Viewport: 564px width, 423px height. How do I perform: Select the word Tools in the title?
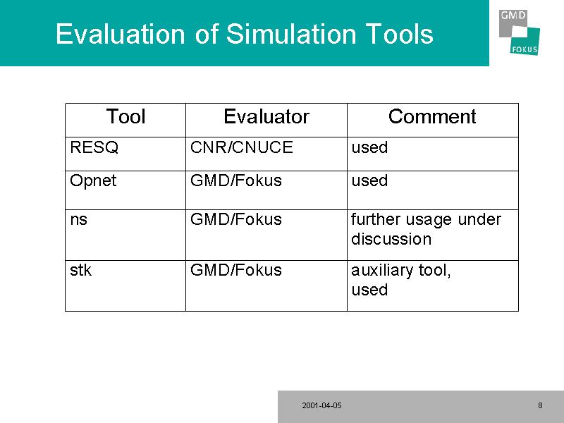point(399,34)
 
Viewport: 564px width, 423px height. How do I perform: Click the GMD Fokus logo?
point(519,32)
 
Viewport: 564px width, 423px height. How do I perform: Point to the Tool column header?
point(125,116)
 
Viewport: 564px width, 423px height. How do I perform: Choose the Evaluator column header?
point(266,116)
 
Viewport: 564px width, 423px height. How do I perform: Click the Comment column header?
point(432,116)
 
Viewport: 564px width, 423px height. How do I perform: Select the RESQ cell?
point(94,147)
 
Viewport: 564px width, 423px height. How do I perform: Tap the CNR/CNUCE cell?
point(241,147)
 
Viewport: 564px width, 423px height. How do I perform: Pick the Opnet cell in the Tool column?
point(93,181)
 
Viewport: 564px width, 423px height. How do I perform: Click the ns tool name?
point(78,220)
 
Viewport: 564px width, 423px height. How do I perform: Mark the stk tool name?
point(80,270)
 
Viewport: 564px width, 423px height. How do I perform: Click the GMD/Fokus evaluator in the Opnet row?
point(235,180)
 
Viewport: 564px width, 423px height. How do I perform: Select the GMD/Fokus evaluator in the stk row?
point(235,270)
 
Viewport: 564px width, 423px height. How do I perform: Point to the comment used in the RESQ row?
point(369,147)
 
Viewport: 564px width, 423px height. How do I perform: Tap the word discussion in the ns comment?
point(391,239)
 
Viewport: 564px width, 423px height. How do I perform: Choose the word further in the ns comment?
point(376,219)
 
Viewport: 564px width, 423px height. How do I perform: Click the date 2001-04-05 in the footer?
point(321,405)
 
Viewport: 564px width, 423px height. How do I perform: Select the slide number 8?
point(540,405)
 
